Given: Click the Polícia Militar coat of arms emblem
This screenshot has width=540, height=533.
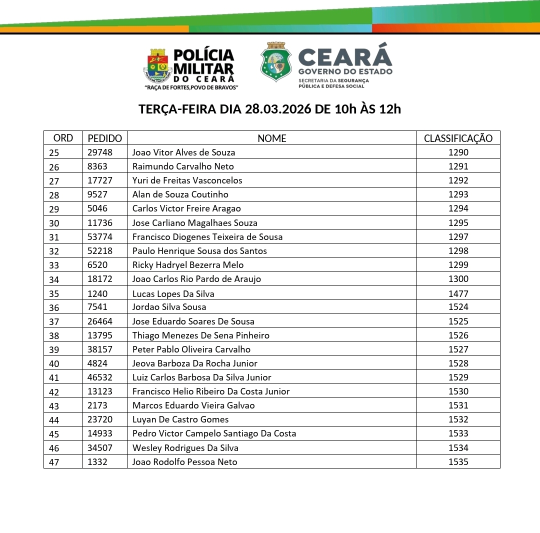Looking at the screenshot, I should coord(157,65).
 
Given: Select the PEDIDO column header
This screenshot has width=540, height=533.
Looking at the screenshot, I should coord(104,138).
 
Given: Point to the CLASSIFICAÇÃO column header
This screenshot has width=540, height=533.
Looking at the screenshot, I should coord(458,138).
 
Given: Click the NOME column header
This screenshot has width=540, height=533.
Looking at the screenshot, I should coord(271,138).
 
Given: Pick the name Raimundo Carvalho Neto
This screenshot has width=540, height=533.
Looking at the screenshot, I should coord(183,166).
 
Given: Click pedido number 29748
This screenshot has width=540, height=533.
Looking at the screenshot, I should coord(100,152).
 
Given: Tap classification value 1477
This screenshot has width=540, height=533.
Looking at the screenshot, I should coord(458,293).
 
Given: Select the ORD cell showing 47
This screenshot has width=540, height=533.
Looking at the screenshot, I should coord(54,462).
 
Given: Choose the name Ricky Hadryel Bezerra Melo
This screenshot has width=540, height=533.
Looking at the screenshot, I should coord(188,265).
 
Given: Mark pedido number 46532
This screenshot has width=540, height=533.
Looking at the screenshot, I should coord(100,377).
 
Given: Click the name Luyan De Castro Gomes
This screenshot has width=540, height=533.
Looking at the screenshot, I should coord(180,419).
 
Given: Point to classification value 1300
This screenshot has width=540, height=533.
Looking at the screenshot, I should coord(458,279).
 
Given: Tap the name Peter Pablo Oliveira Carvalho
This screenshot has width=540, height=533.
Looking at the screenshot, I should coord(191,349).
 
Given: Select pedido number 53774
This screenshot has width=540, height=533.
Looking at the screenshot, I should coord(100,237).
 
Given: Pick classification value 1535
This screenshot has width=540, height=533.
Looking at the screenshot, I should coord(458,462).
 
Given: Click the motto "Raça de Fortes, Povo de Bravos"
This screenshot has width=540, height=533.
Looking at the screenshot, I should coord(191,87).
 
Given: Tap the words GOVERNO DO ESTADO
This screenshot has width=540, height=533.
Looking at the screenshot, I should coord(345,71).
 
